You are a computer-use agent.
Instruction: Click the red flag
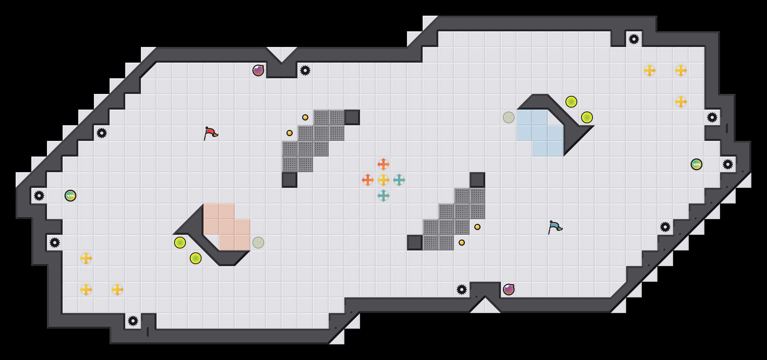point(210,133)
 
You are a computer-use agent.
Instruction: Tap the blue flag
point(555,227)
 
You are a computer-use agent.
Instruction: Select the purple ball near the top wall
point(258,70)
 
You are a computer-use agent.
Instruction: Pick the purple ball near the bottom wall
point(509,290)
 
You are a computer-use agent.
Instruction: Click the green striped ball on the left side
point(70,196)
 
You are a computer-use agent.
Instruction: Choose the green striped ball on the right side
point(697,164)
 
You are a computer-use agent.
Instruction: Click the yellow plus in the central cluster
point(383,180)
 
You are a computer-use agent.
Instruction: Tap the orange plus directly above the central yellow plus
point(383,164)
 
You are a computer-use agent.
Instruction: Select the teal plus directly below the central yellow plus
point(383,196)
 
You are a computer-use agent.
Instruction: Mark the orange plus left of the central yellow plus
point(368,180)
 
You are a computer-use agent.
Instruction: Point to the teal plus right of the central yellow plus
point(399,180)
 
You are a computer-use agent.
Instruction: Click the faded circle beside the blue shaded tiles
point(509,117)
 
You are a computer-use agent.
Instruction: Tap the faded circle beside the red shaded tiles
point(258,243)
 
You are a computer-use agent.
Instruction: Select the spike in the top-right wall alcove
point(634,39)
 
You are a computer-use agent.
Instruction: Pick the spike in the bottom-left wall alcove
point(133,321)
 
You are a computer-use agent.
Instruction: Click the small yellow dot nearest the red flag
point(290,133)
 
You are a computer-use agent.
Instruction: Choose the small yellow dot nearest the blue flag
point(477,227)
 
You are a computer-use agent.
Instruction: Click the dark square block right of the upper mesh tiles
point(352,117)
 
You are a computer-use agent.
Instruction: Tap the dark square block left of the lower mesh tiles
point(415,243)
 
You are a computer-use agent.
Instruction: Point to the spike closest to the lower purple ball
point(462,290)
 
